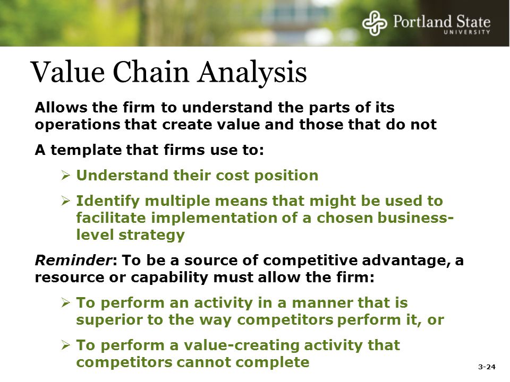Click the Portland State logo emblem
pos(375,23)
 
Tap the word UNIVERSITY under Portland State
pos(467,32)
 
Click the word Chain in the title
pos(151,72)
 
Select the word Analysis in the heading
pos(252,73)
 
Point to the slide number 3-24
pos(487,367)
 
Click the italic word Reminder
pos(73,260)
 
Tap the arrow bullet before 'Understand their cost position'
pos(66,176)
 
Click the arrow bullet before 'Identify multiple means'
pos(66,201)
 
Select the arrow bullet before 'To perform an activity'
pos(66,303)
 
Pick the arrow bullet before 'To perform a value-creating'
pos(66,345)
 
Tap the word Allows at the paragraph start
pos(61,108)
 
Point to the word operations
pos(78,125)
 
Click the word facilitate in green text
pos(111,218)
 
